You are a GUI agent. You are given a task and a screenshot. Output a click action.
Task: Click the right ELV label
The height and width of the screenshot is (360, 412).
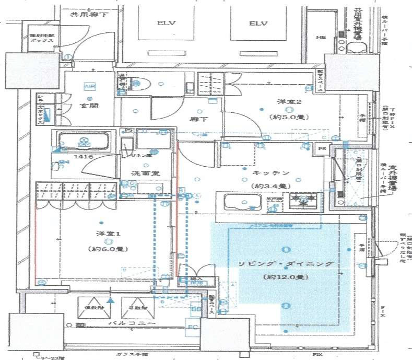(x=258, y=24)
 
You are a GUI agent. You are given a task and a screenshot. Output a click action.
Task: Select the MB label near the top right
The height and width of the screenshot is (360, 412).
(x=320, y=37)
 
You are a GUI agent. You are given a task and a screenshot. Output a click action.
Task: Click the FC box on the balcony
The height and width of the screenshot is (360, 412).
(x=192, y=328)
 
